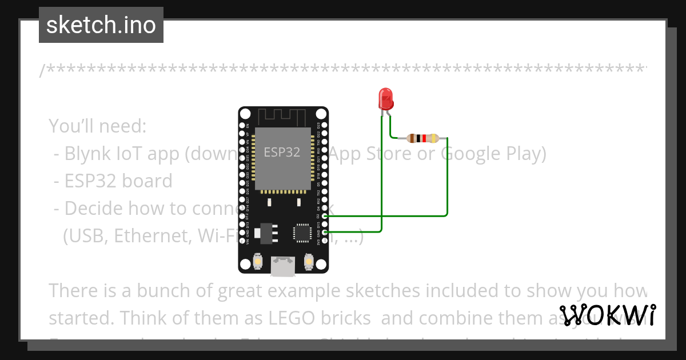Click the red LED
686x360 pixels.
386,98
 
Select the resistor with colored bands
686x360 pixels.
422,138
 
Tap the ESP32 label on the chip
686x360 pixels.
282,153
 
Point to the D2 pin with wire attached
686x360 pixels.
325,216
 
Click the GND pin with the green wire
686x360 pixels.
325,232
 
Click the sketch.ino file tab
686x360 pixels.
101,25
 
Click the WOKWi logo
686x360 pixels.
608,315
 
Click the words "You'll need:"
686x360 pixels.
98,126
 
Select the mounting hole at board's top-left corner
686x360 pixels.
246,114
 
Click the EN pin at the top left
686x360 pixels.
242,125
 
